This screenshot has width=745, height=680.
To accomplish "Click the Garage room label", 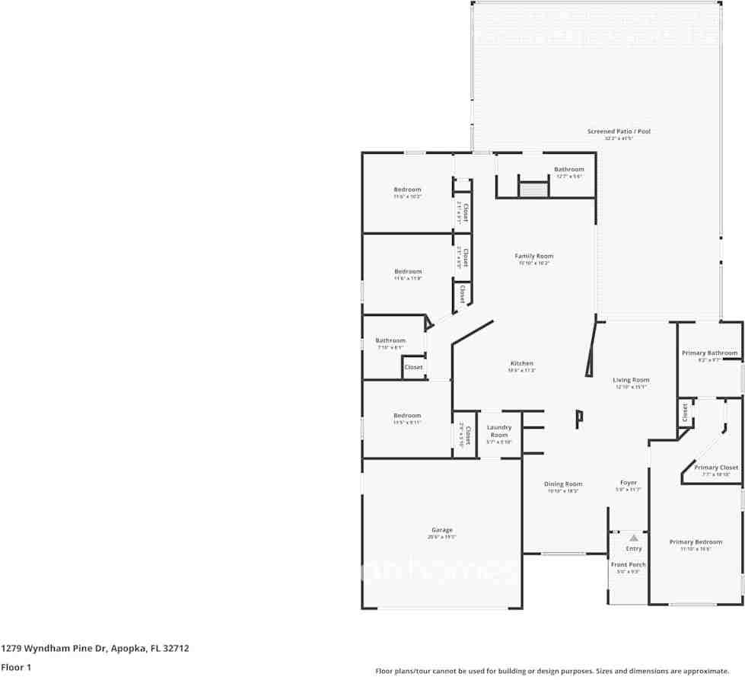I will [442, 530].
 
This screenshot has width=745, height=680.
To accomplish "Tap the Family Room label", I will [533, 257].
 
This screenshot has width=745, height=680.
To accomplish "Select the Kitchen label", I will [521, 364].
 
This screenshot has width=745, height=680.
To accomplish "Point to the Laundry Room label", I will [499, 431].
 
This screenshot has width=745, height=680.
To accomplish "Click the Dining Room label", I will [563, 484].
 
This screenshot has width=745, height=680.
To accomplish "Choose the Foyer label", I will [629, 483].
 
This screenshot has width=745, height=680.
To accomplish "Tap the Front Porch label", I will [628, 564].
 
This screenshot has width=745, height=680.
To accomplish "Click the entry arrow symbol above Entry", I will [633, 538].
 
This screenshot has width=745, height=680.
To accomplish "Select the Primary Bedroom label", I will [696, 542].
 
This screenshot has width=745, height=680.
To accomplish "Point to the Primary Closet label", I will [716, 468].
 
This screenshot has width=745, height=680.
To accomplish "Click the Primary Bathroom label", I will [709, 353].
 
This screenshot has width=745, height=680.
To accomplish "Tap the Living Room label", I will [631, 380].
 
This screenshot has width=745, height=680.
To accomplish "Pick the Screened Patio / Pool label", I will [619, 132].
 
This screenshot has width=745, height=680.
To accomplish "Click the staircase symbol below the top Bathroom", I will [533, 190].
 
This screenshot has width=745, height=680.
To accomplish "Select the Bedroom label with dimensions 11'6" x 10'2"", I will [407, 190].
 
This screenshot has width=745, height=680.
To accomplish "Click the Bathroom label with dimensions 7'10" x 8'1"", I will [390, 340].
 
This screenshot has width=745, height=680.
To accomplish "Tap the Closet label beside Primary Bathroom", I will [685, 413].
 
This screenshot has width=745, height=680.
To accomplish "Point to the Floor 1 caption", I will [15, 667].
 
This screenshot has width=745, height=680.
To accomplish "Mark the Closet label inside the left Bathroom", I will [413, 367].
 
